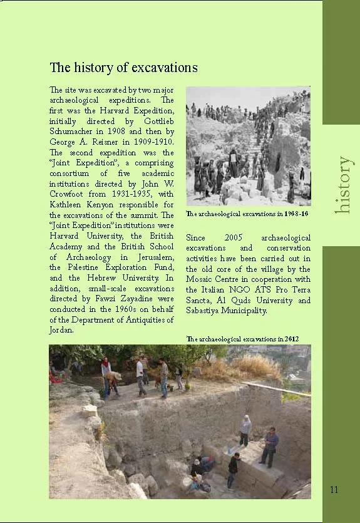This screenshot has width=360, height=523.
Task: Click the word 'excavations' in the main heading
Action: [163, 67]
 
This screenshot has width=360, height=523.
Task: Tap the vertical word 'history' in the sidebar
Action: [344, 185]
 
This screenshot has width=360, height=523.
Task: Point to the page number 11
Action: [334, 489]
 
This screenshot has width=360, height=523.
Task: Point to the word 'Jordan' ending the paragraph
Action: [61, 330]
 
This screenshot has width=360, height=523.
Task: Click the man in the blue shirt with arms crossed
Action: [270, 446]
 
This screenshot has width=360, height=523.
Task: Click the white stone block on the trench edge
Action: [90, 411]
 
